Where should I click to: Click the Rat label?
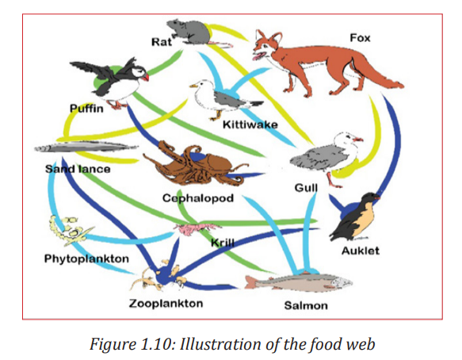tap(161, 41)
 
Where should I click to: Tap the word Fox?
tap(360, 38)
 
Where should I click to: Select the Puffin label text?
tap(86, 109)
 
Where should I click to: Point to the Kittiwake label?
tap(250, 124)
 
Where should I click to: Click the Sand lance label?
tap(78, 169)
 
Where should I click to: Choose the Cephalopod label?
tap(198, 198)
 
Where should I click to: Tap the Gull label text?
tap(306, 188)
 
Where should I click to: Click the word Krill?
tap(223, 243)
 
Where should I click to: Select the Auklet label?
tap(361, 251)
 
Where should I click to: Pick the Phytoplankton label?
tap(86, 259)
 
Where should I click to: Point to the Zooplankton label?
tap(166, 304)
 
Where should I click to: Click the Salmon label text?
tap(306, 305)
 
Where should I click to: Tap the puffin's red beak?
tap(145, 77)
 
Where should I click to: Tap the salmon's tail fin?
tap(250, 282)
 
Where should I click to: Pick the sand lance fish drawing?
tap(86, 147)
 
